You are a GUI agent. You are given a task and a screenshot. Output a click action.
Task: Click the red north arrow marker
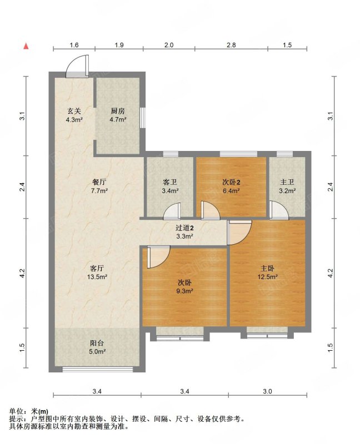pyautogui.click(x=26, y=46)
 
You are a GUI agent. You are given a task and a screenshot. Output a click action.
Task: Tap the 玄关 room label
pyautogui.click(x=74, y=111)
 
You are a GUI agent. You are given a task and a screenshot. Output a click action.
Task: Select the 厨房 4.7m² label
pyautogui.click(x=118, y=115)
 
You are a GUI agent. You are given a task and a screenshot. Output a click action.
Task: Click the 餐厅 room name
pyautogui.click(x=99, y=182)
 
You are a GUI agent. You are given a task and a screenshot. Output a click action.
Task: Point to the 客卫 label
pyautogui.click(x=170, y=182)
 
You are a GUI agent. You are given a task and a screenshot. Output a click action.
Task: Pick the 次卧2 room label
pyautogui.click(x=231, y=182)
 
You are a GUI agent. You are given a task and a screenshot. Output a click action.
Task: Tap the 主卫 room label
pyautogui.click(x=287, y=182)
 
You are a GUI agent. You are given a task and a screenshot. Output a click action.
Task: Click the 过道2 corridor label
pyautogui.click(x=184, y=228)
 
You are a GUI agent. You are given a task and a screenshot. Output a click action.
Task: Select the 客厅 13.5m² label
pyautogui.click(x=97, y=273)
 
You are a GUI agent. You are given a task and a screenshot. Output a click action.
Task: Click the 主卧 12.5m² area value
pyautogui.click(x=267, y=276)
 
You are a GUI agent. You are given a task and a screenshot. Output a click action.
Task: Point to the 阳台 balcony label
pyautogui.click(x=97, y=343)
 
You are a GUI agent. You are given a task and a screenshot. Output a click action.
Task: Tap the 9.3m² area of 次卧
pyautogui.click(x=184, y=291)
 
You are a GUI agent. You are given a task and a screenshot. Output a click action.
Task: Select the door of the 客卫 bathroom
pyautogui.click(x=172, y=211)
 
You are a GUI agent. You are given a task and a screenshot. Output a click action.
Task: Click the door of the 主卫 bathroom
pyautogui.click(x=279, y=210)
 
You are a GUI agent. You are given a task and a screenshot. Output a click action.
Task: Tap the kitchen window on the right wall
pyautogui.click(x=143, y=118)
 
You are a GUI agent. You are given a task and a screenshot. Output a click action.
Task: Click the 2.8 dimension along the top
pyautogui.click(x=231, y=45)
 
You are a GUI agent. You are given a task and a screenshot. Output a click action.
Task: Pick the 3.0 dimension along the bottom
pyautogui.click(x=267, y=391)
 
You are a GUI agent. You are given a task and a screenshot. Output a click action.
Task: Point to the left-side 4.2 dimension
pyautogui.click(x=23, y=273)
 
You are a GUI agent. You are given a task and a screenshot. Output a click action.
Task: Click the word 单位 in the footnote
pyautogui.click(x=16, y=411)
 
